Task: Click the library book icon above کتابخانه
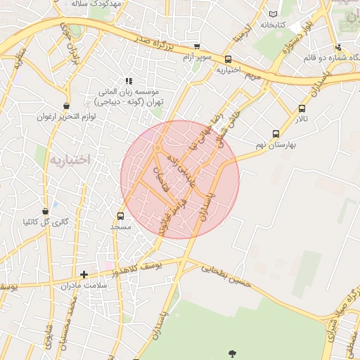(x=273, y=13)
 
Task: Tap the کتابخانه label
(x=276, y=25)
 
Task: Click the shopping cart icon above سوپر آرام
(x=197, y=46)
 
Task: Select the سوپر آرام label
(x=196, y=57)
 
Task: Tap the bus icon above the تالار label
(x=302, y=109)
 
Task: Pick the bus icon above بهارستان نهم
(x=276, y=133)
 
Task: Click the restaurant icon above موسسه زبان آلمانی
(x=128, y=82)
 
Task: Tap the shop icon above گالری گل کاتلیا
(x=46, y=211)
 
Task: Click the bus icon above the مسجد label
(x=120, y=217)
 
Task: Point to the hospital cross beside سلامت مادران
(x=84, y=274)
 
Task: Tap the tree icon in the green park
(x=231, y=352)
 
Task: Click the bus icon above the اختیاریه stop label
(x=228, y=60)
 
